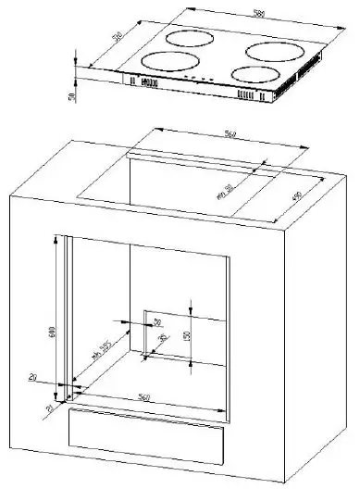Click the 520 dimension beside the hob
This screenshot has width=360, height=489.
point(119,40)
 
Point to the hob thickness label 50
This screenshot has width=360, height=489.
point(71,96)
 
